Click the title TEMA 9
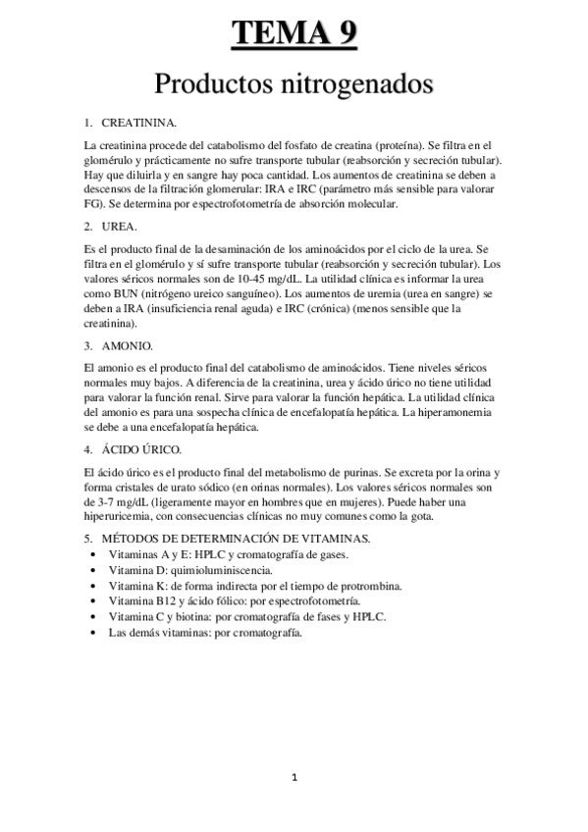coord(294,34)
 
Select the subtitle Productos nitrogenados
coord(294,84)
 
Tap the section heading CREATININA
coord(138,123)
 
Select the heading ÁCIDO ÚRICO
coord(139,449)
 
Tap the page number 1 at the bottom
coord(294,778)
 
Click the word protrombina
coord(361,585)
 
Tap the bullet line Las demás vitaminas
coord(205,632)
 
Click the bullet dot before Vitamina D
coord(92,570)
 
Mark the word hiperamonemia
coord(455,412)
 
